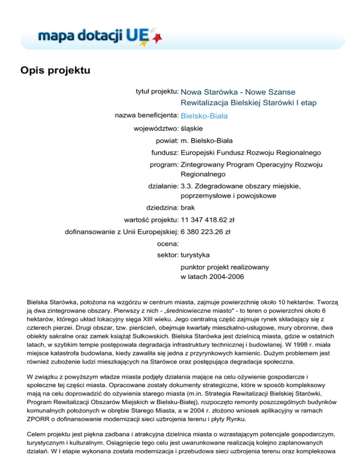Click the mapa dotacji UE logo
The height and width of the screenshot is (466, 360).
tap(94, 36)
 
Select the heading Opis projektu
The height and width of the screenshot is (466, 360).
tap(55, 71)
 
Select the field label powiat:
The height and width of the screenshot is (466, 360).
tap(167, 140)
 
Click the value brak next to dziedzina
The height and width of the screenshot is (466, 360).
tap(188, 207)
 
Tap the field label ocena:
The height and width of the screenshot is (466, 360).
tap(167, 243)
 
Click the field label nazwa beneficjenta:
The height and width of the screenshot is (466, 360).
tap(146, 116)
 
